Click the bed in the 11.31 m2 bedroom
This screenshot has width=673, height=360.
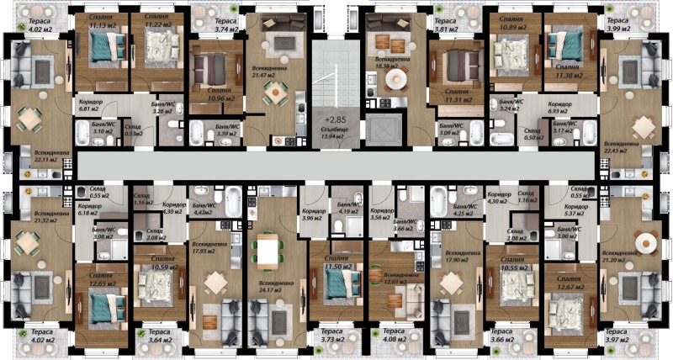click(x=458, y=61)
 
